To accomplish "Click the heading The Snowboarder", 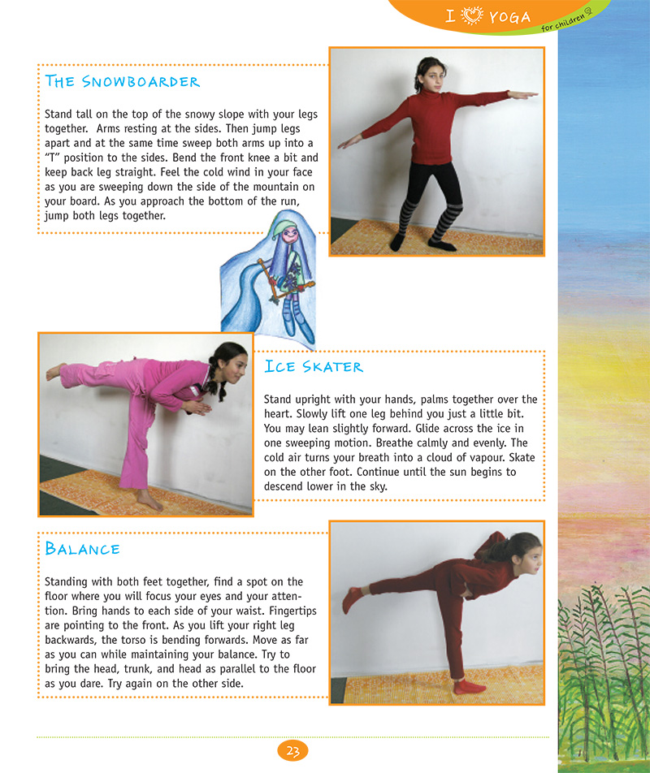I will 123,81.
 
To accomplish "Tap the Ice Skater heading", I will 314,366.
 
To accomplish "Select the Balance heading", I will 83,549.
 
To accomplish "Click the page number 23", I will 292,751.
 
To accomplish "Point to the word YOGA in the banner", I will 510,16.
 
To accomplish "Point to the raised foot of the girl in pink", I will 54,373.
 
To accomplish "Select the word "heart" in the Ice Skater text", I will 278,413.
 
